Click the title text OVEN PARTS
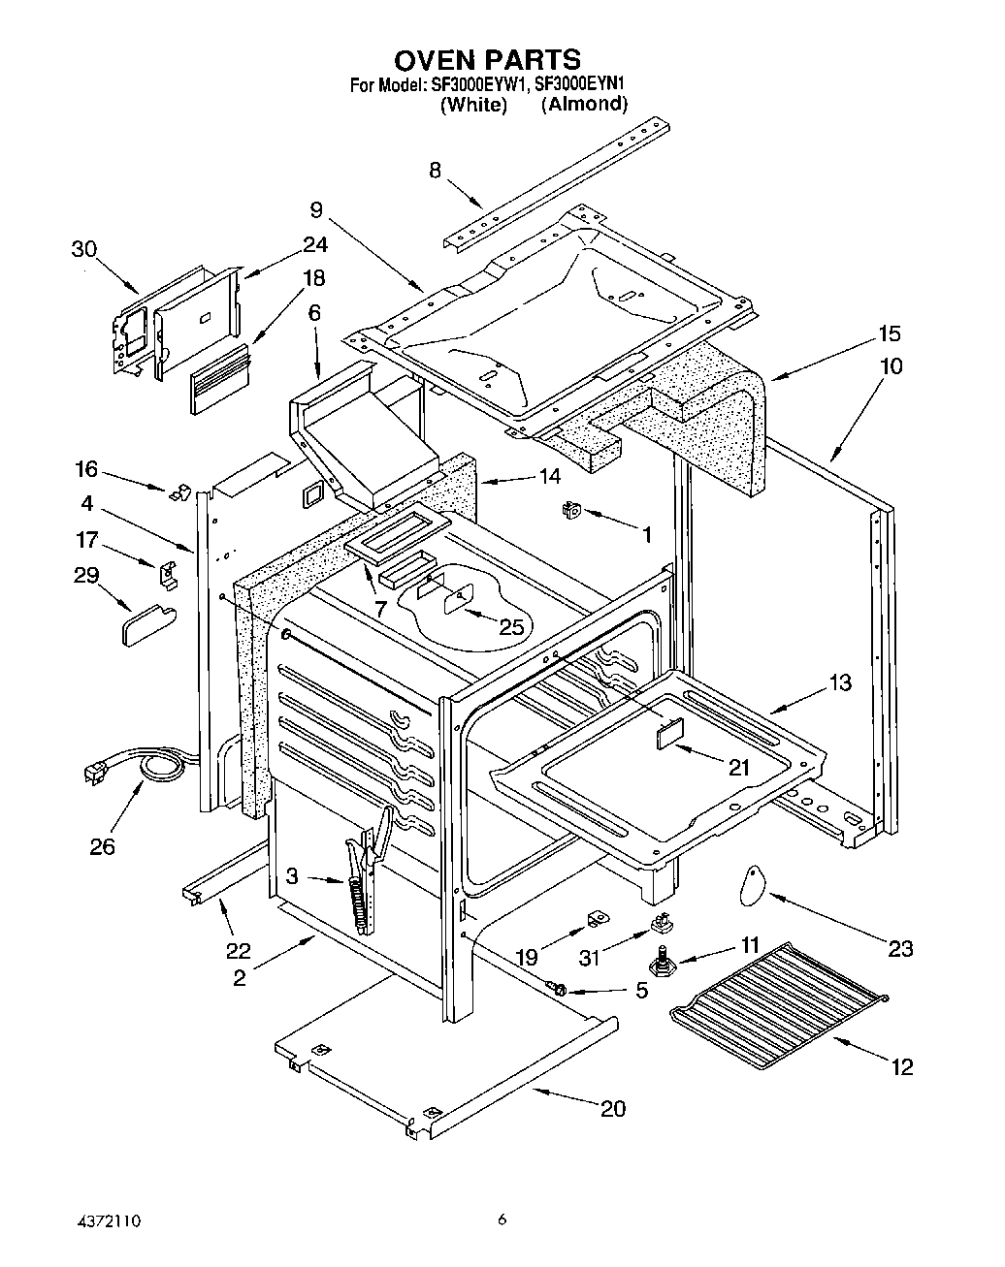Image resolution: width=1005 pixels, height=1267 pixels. tap(488, 59)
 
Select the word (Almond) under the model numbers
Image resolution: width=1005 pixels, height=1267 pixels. tap(584, 104)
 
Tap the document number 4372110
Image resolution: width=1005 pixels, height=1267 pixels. tap(108, 1219)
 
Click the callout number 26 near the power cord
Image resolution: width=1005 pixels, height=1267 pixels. tap(102, 846)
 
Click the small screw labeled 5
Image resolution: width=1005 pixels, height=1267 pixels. tap(559, 988)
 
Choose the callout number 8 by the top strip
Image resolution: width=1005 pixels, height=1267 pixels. tap(435, 171)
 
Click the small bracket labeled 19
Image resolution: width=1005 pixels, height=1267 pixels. tap(597, 918)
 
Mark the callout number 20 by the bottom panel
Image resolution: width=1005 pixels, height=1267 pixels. tap(613, 1108)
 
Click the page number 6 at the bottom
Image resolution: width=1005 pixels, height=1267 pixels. tap(502, 1219)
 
